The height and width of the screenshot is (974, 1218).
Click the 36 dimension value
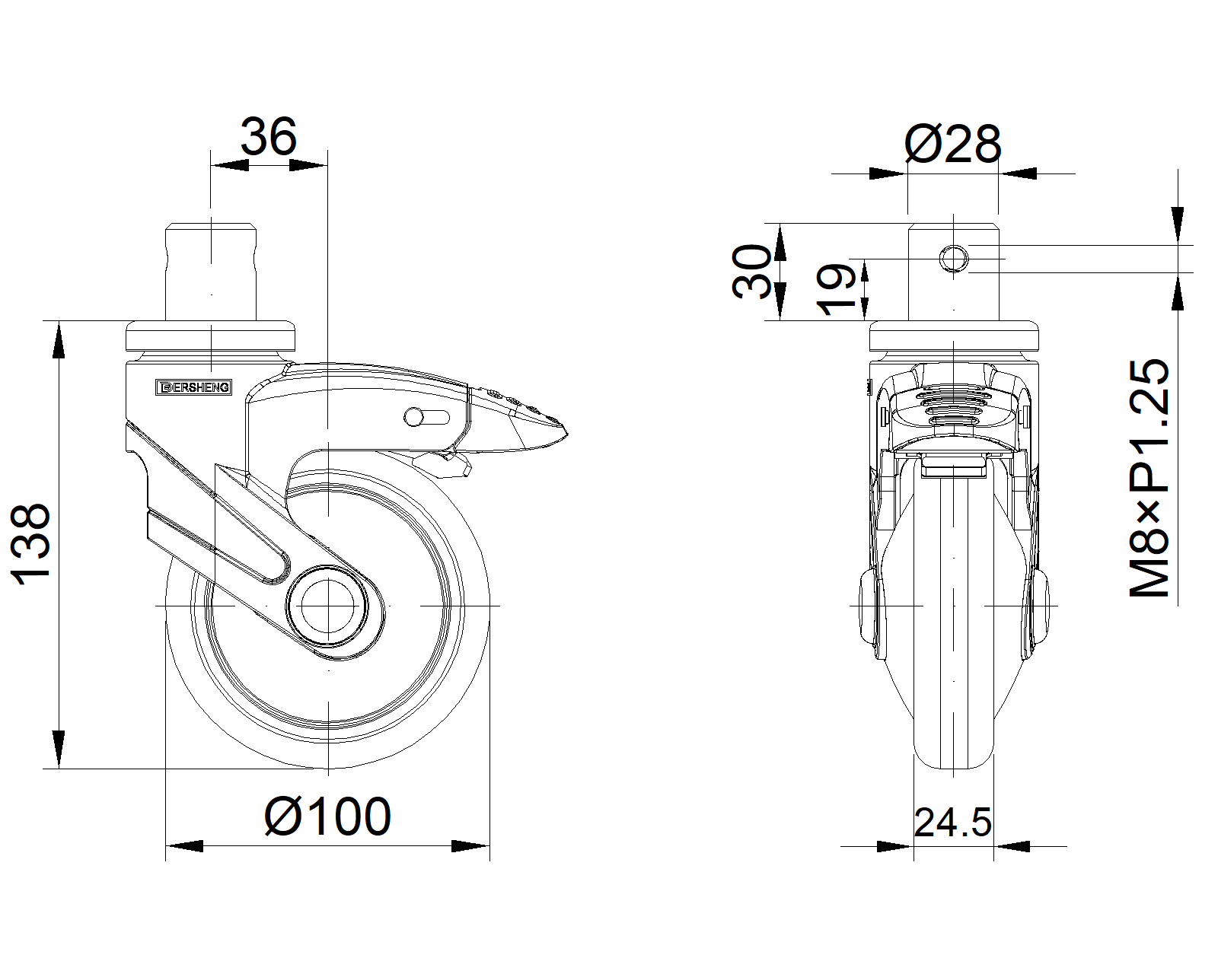[268, 137]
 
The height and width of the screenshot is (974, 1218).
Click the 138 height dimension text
[30, 544]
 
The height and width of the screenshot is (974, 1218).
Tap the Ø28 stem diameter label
[952, 144]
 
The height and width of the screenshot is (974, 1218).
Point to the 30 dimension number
[751, 272]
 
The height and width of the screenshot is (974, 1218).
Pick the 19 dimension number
[836, 289]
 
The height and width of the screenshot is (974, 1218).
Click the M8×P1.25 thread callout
[1149, 478]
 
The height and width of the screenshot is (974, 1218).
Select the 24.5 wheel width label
[952, 823]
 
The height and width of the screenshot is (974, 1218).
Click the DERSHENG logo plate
[193, 387]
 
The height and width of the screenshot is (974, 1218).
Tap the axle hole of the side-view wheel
[327, 606]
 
